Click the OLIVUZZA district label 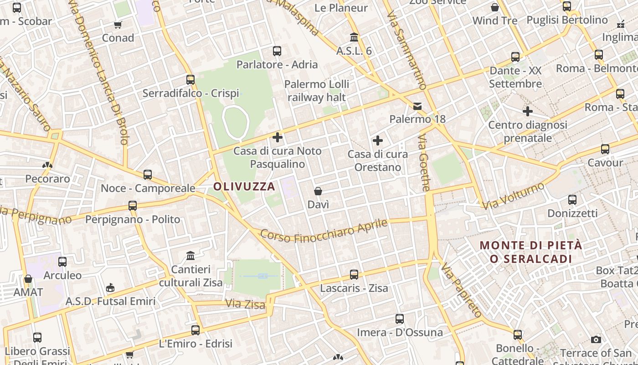(x=244, y=186)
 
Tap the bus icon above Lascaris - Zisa (x=354, y=275)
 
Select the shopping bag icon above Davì (x=318, y=191)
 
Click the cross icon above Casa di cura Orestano (x=378, y=141)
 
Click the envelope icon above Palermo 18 (x=417, y=106)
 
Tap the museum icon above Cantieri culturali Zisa (x=190, y=255)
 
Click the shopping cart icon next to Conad (x=118, y=25)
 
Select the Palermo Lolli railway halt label (x=317, y=91)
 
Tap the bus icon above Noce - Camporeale (x=148, y=175)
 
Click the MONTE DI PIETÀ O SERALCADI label (x=531, y=252)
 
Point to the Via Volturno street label (x=514, y=196)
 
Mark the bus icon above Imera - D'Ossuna (x=400, y=319)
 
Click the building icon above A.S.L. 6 (x=354, y=37)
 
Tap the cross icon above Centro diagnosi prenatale (x=528, y=111)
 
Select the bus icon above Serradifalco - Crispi (x=190, y=80)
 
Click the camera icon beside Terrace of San (x=596, y=339)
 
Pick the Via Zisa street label (x=245, y=303)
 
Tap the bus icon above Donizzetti (x=572, y=200)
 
